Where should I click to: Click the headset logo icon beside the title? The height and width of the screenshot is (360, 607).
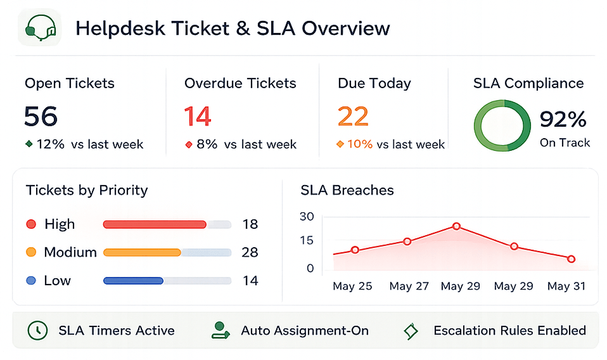(x=41, y=28)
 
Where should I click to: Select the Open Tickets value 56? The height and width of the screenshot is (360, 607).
(x=41, y=116)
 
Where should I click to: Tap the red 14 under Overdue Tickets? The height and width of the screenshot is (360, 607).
(x=198, y=116)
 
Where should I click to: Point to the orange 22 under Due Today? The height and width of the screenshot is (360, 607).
(x=353, y=116)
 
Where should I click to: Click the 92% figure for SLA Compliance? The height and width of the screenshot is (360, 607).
(x=563, y=119)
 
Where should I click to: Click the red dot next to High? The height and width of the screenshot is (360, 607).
(x=31, y=224)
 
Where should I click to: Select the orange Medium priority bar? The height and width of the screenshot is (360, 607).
(x=142, y=252)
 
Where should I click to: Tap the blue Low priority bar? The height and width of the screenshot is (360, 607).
(x=133, y=281)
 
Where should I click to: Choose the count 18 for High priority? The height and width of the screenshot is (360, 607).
(x=250, y=224)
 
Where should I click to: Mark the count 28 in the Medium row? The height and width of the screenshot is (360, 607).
(x=250, y=252)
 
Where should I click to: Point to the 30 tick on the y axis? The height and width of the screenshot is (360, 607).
(x=307, y=216)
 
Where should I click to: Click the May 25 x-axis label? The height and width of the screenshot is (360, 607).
(x=352, y=286)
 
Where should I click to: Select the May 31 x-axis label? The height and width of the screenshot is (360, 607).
(x=566, y=286)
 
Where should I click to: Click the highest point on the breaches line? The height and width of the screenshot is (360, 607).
(x=456, y=226)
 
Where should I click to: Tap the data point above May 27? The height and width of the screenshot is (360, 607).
(x=407, y=241)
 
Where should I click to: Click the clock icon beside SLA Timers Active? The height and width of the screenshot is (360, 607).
(x=37, y=330)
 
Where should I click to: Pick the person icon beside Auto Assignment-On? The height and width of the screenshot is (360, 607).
(x=220, y=330)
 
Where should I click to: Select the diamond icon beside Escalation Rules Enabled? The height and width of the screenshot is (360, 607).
(x=411, y=331)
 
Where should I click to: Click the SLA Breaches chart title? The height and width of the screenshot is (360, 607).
(x=347, y=190)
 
